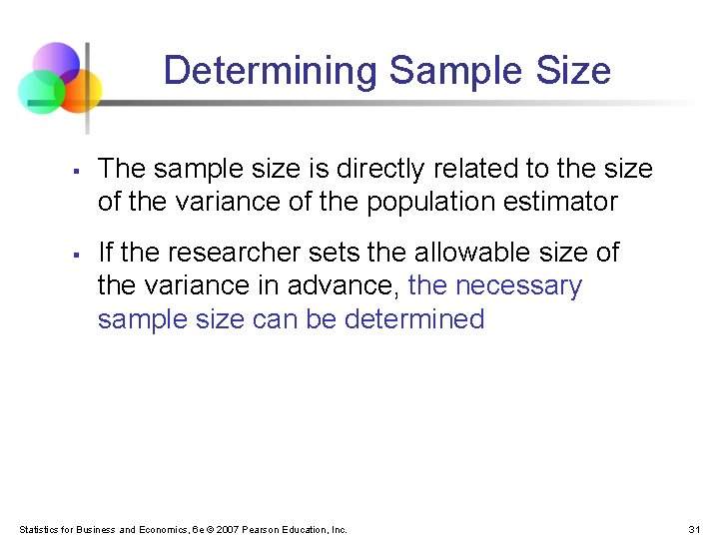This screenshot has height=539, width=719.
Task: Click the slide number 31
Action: (695, 529)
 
